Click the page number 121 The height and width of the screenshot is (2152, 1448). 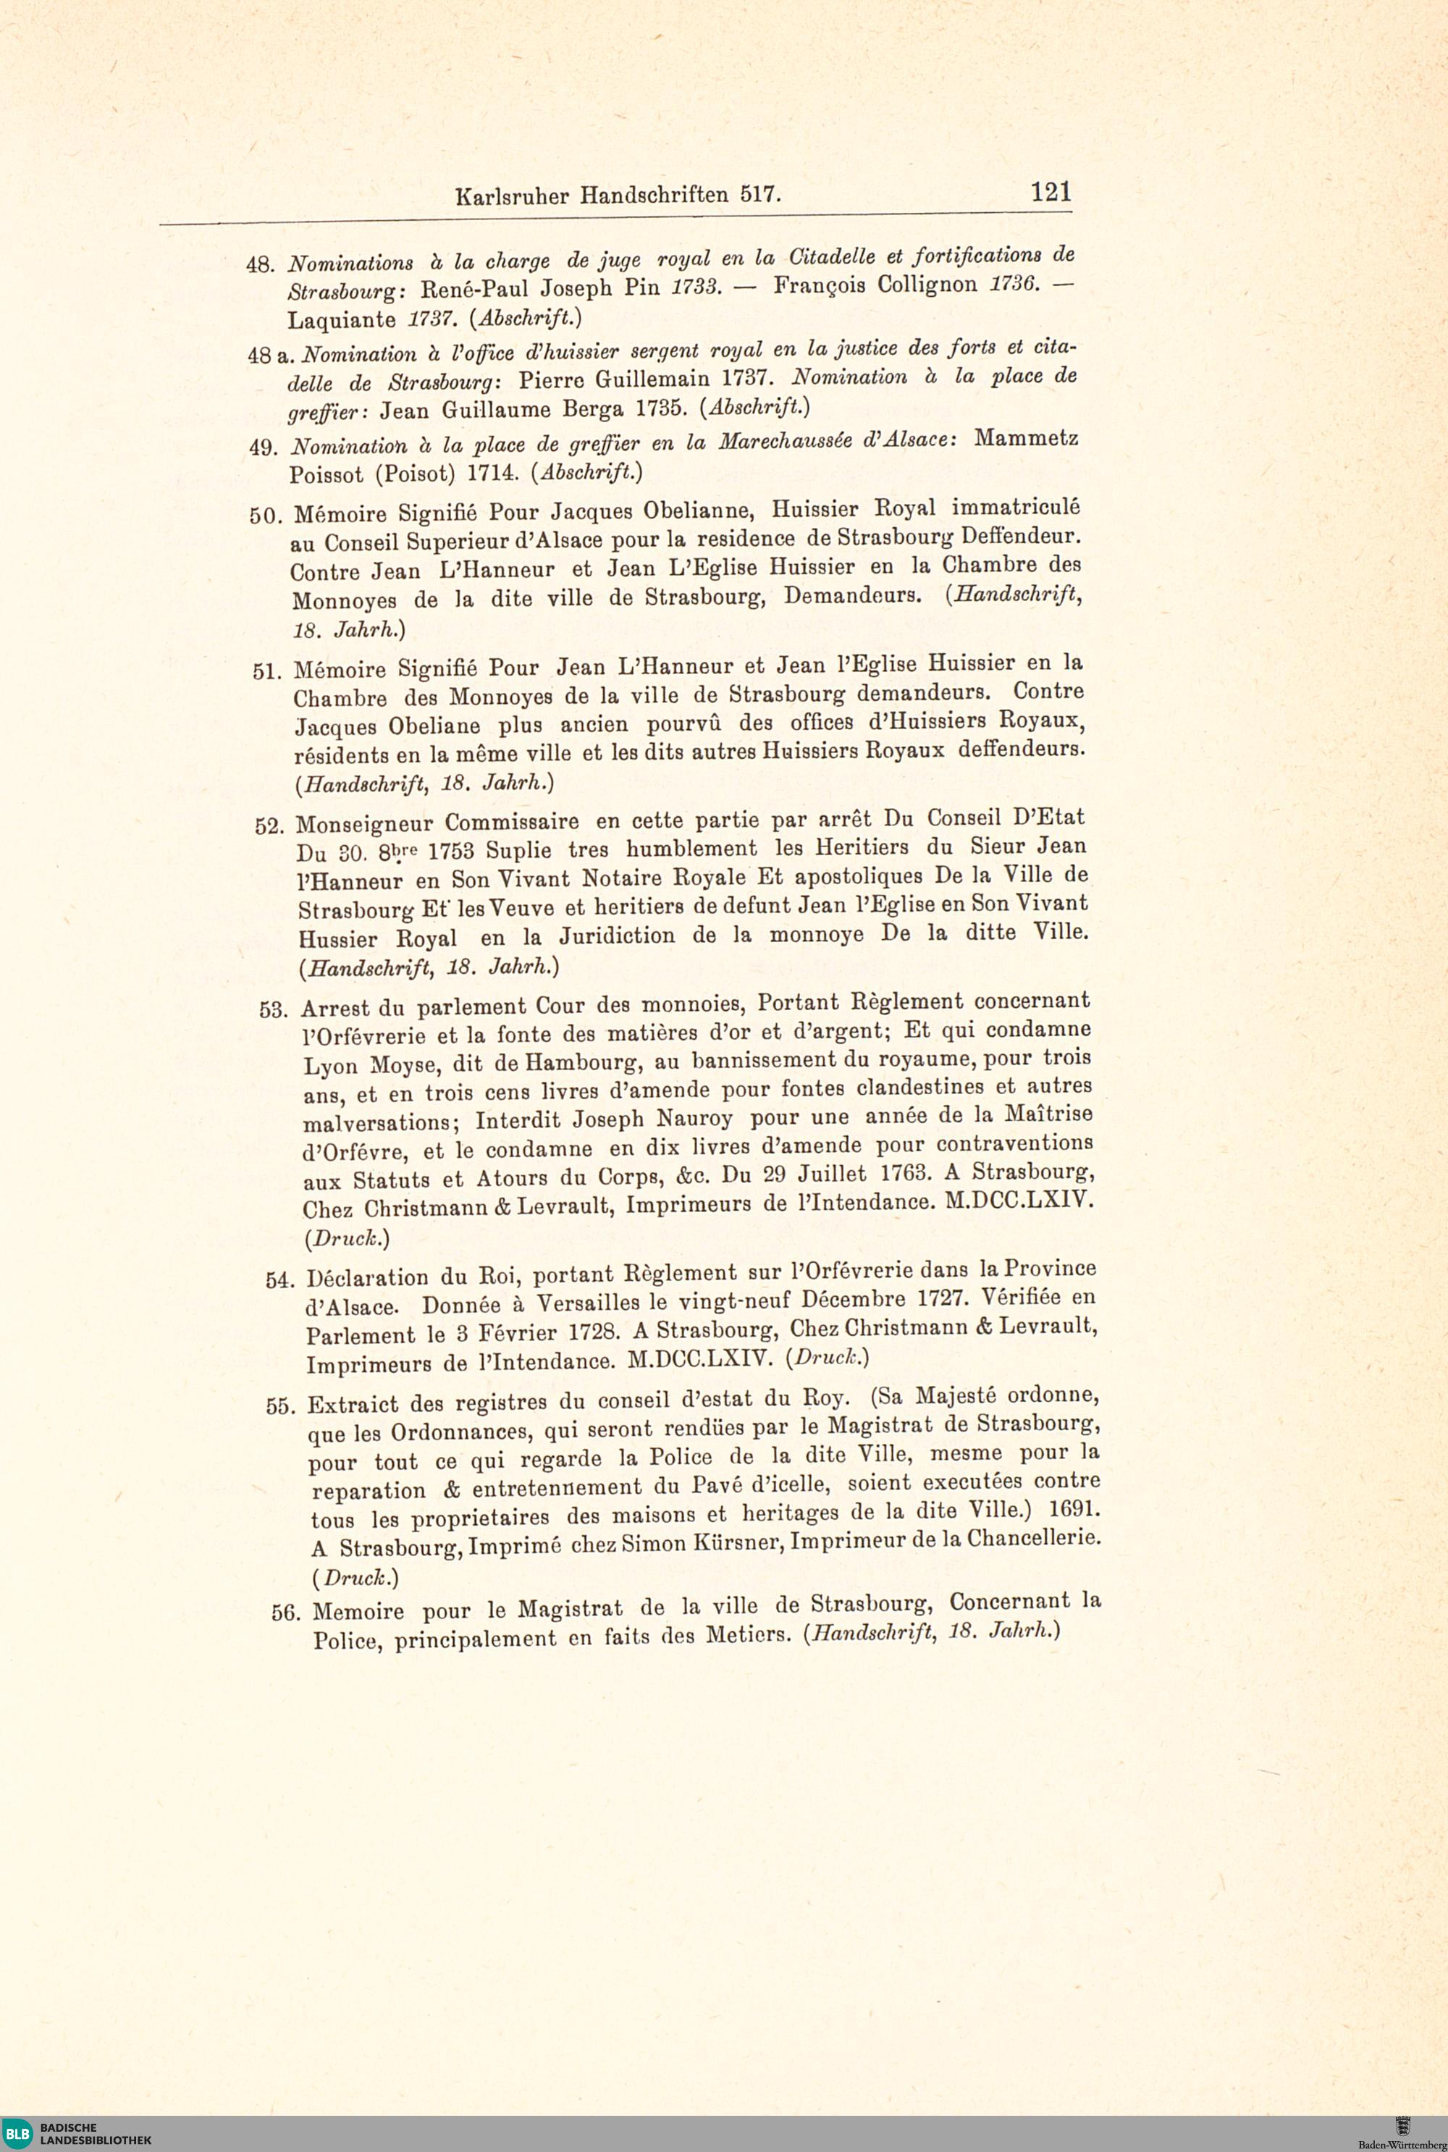(x=1051, y=191)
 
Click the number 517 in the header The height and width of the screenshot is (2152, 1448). (x=760, y=195)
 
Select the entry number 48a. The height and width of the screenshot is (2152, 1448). (x=269, y=355)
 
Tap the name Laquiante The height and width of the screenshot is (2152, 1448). (x=342, y=321)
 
